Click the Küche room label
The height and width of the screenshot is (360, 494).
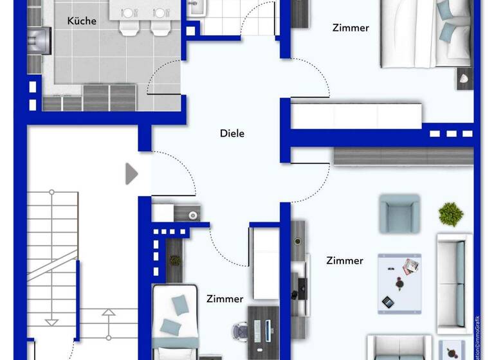pos(82,21)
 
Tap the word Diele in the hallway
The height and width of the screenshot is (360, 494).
pos(232,134)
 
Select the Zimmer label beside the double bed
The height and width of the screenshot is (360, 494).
pos(351,28)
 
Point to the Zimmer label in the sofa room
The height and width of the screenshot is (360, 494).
pos(344,260)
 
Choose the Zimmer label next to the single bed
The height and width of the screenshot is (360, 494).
pos(224,299)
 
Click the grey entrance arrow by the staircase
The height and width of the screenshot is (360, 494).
pos(131,174)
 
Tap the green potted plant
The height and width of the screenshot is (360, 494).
pos(452,213)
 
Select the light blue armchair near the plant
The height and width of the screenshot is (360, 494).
pos(399,213)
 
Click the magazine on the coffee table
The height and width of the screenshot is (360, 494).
pos(409,265)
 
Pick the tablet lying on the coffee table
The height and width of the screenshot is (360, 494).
pos(388,301)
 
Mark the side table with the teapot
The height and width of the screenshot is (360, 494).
pos(453,350)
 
